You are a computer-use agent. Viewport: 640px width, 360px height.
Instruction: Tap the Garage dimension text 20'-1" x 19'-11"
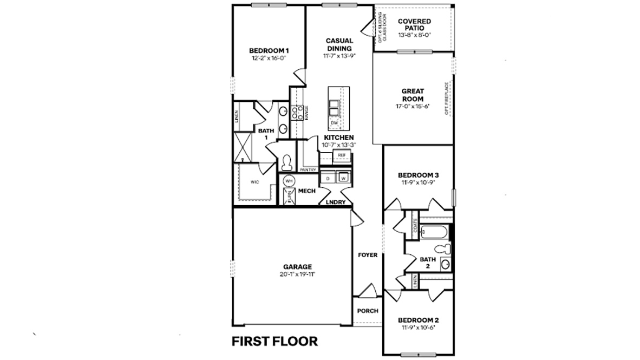(x=297, y=274)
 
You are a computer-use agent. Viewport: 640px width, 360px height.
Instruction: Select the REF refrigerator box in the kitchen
(x=341, y=155)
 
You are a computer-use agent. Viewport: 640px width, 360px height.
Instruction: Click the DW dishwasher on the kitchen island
(x=334, y=123)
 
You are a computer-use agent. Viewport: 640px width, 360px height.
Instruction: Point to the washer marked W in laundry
(x=343, y=178)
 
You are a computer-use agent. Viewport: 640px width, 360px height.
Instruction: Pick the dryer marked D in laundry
(x=328, y=178)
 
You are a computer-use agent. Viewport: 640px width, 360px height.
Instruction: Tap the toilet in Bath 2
(x=444, y=248)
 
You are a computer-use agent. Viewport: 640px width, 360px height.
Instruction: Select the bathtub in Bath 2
(x=434, y=233)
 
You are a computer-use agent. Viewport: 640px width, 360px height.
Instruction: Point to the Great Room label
(x=413, y=95)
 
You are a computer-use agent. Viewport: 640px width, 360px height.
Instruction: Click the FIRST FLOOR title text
(x=275, y=342)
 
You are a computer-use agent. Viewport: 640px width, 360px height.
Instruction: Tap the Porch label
(x=368, y=311)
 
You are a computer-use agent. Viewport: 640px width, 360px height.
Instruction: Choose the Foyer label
(x=368, y=254)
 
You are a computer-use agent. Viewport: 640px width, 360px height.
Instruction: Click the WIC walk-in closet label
(x=254, y=182)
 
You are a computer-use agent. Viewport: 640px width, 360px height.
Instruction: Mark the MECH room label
(x=307, y=191)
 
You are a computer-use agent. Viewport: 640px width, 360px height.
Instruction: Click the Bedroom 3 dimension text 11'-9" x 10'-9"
(x=417, y=182)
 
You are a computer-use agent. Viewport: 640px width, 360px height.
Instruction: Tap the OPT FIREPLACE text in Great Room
(x=447, y=99)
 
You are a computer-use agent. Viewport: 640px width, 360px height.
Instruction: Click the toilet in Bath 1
(x=286, y=161)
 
